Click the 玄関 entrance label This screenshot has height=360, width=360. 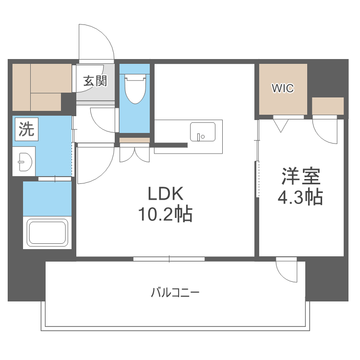(95, 81)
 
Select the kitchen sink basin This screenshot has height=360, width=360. (203, 132)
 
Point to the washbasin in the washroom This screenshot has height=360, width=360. (23, 161)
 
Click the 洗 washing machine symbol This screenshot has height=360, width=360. (26, 129)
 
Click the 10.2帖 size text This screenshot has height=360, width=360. (165, 214)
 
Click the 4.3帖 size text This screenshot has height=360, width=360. (301, 197)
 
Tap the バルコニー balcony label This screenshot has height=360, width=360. (175, 291)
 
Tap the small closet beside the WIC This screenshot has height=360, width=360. (328, 106)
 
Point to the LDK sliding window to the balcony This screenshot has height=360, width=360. (169, 259)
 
